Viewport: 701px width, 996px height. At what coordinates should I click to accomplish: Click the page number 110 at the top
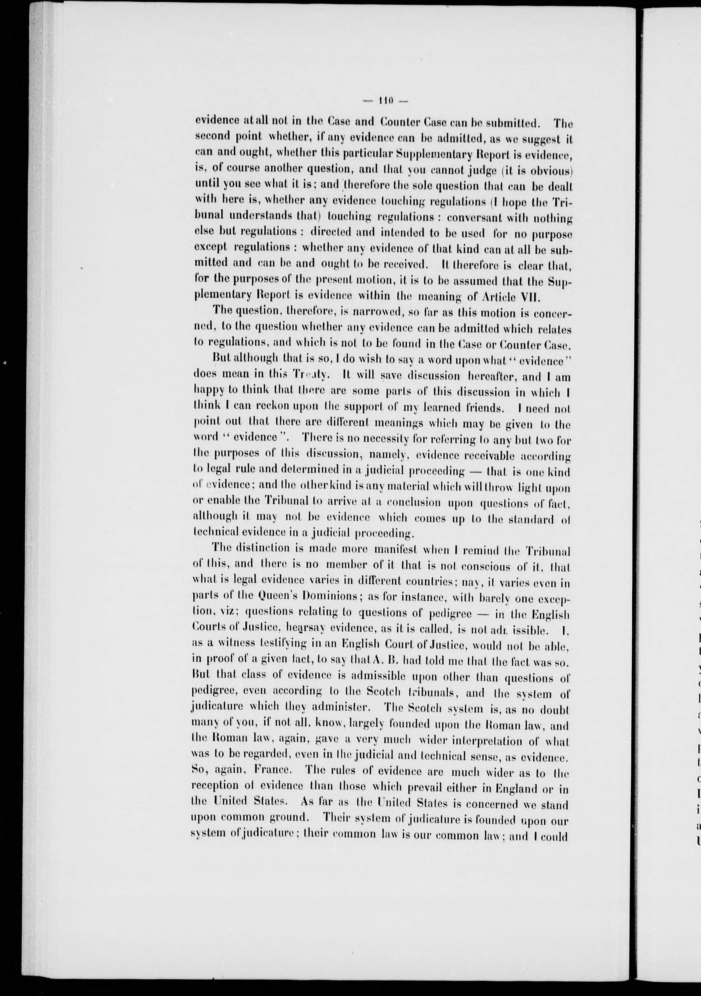(x=384, y=101)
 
